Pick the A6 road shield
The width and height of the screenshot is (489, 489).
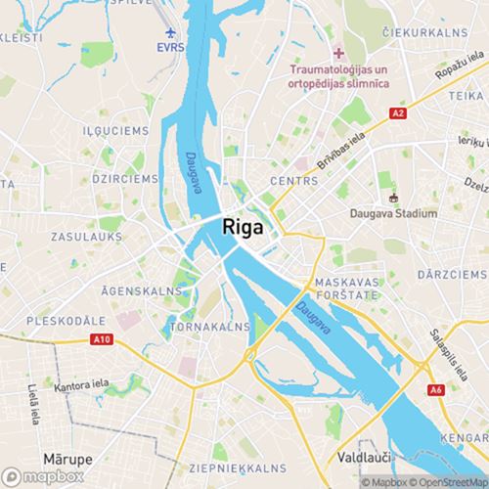point(435,390)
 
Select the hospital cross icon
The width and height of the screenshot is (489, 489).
point(338,53)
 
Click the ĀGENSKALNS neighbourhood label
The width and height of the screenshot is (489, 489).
point(142,290)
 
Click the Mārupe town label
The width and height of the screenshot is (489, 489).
point(67,457)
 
